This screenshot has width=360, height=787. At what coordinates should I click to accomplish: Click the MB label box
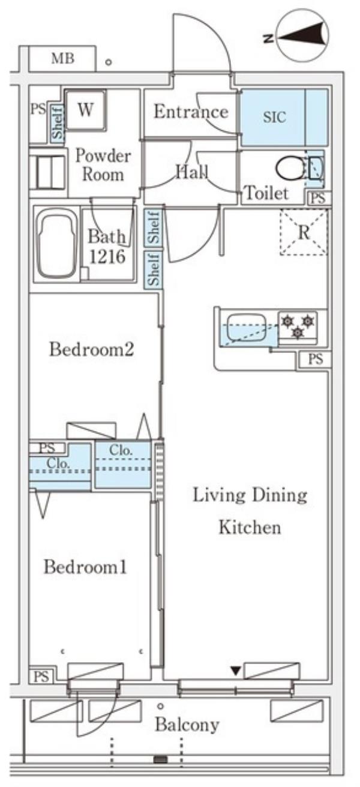pyautogui.click(x=62, y=59)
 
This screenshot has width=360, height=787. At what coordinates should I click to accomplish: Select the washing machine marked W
pyautogui.click(x=86, y=110)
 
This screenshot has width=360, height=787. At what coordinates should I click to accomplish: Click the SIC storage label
pyautogui.click(x=274, y=117)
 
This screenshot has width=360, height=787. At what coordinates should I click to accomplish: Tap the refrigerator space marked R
pyautogui.click(x=304, y=232)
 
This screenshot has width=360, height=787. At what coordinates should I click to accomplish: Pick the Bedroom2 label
pyautogui.click(x=92, y=349)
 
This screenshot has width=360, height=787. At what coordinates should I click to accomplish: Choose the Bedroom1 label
pyautogui.click(x=85, y=567)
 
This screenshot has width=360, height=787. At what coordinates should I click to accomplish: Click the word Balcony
pyautogui.click(x=187, y=725)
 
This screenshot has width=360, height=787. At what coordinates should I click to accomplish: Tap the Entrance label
pyautogui.click(x=191, y=112)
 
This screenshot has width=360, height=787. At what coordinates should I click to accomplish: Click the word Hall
pyautogui.click(x=192, y=172)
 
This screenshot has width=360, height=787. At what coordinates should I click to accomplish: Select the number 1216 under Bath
pyautogui.click(x=107, y=257)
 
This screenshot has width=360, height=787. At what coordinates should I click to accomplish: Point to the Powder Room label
pyautogui.click(x=103, y=165)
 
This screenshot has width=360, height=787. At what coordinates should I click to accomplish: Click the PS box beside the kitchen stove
pyautogui.click(x=315, y=359)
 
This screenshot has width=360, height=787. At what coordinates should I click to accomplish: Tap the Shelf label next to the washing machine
pyautogui.click(x=58, y=122)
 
